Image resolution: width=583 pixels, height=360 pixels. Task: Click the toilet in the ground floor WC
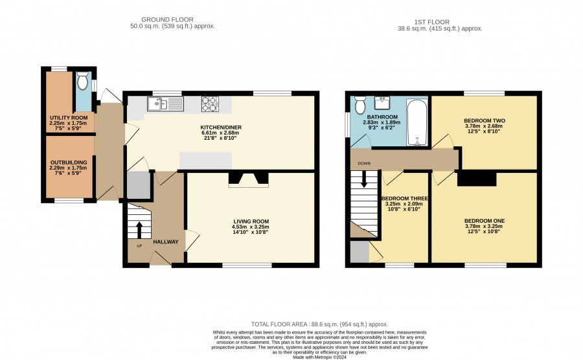[82, 81]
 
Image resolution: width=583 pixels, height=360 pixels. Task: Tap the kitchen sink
[165, 104]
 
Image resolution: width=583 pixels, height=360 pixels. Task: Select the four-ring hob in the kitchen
[210, 104]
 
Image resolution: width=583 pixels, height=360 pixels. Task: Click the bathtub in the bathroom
[417, 122]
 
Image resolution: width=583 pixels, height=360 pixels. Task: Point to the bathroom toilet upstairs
[360, 105]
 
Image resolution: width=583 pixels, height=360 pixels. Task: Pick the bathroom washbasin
[382, 102]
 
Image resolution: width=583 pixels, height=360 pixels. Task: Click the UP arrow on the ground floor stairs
[139, 230]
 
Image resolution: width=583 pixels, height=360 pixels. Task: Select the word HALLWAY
[166, 242]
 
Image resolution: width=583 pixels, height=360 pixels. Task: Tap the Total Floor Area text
[320, 324]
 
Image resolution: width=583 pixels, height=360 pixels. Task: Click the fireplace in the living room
[248, 179]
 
